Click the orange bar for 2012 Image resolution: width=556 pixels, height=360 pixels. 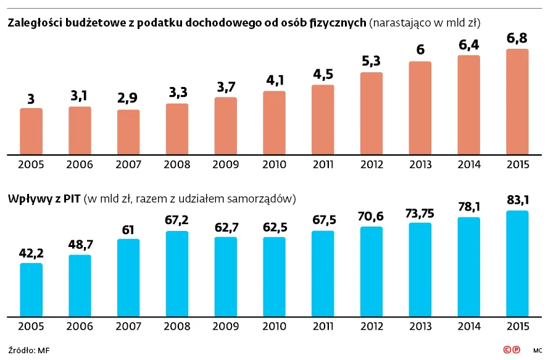pyautogui.click(x=371, y=114)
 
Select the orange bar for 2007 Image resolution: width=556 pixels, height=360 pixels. pyautogui.click(x=128, y=132)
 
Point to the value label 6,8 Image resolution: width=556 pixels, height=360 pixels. pyautogui.click(x=517, y=39)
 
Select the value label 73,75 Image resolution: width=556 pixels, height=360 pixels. pyautogui.click(x=420, y=212)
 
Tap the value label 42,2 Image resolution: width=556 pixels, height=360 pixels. pyautogui.click(x=31, y=253)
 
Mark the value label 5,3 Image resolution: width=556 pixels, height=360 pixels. pyautogui.click(x=371, y=62)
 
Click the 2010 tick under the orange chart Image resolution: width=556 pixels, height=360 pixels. pyautogui.click(x=274, y=165)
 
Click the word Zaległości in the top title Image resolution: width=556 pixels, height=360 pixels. pyautogui.click(x=32, y=23)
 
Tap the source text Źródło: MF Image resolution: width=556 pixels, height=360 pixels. pyautogui.click(x=29, y=350)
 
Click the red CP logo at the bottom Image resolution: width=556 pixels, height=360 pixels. pyautogui.click(x=511, y=350)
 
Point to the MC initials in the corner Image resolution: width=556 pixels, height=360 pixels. pyautogui.click(x=537, y=351)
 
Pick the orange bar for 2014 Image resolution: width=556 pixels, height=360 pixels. pyautogui.click(x=468, y=105)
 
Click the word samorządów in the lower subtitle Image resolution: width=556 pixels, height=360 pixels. pyautogui.click(x=265, y=199)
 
